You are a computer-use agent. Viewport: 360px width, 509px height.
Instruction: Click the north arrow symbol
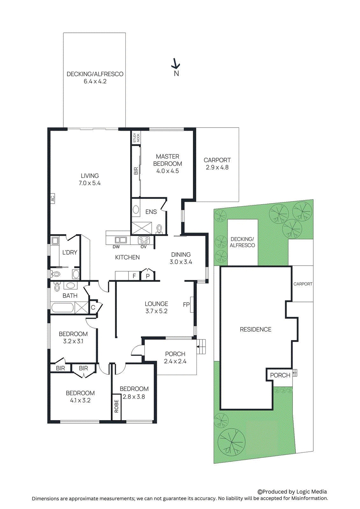tap(176, 64)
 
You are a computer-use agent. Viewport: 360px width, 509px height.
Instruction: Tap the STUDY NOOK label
tap(136, 138)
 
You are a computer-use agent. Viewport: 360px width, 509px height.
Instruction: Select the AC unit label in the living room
tap(53, 199)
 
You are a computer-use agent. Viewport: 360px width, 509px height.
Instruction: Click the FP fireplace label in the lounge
tap(187, 304)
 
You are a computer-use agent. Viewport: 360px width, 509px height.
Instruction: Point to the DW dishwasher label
tap(116, 247)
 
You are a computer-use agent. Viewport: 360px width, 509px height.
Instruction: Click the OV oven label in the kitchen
tap(144, 247)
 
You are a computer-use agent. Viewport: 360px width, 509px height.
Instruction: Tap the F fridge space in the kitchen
tap(134, 276)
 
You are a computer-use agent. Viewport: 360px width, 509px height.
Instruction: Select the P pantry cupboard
tap(148, 276)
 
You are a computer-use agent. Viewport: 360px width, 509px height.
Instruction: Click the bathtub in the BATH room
tap(62, 308)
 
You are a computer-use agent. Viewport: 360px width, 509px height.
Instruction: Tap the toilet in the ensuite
tap(159, 229)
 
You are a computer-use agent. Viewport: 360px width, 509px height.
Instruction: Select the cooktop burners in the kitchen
tap(144, 240)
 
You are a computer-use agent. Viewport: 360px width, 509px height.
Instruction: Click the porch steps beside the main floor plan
tap(201, 347)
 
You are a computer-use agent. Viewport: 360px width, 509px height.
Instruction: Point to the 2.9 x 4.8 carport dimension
tap(217, 168)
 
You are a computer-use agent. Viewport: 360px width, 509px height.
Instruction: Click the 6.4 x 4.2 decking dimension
tap(95, 81)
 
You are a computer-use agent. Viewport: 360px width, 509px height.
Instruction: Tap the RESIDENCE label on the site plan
tap(256, 330)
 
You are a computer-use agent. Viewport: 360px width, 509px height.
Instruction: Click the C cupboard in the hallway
tap(93, 307)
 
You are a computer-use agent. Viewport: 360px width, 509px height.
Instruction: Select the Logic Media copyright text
tap(292, 492)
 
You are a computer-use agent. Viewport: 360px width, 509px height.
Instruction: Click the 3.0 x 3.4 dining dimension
tap(181, 262)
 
